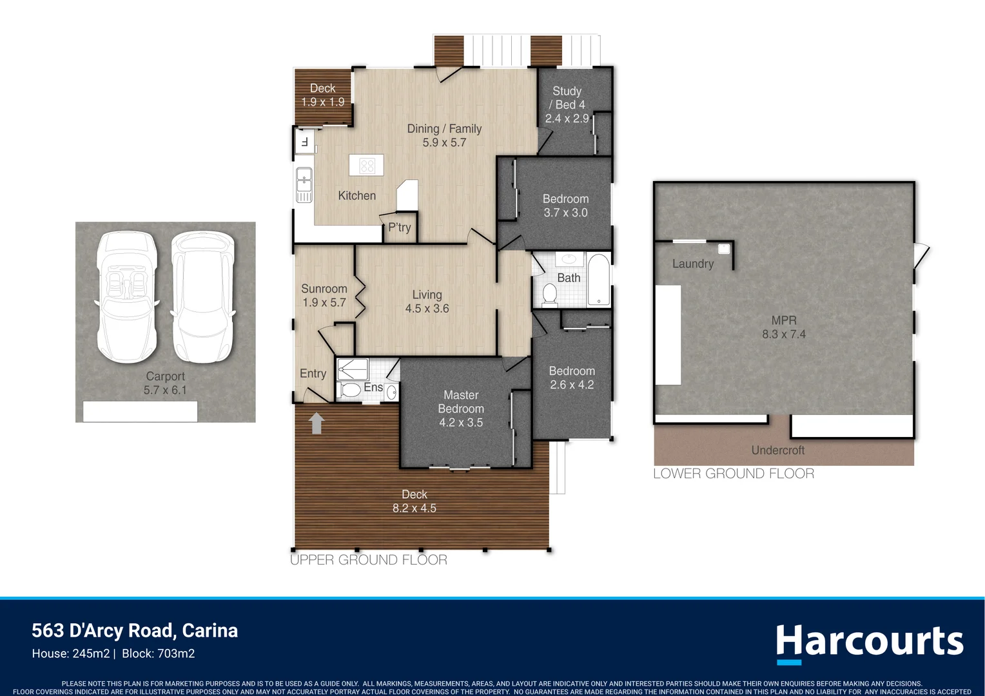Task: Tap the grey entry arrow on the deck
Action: [x=316, y=423]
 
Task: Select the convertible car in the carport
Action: [x=126, y=296]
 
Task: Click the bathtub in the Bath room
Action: [x=598, y=279]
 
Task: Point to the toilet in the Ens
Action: [x=349, y=390]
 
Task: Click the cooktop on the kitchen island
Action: [x=367, y=166]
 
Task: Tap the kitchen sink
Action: [x=304, y=180]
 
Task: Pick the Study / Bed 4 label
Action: [x=567, y=98]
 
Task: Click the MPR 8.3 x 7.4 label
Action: [x=784, y=327]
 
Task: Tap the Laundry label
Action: [x=693, y=264]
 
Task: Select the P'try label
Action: [x=400, y=227]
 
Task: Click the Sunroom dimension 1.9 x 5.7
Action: [x=324, y=303]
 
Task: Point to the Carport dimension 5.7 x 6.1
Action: [x=165, y=391]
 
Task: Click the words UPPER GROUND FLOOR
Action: [x=369, y=560]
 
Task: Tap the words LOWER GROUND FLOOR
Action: [x=734, y=474]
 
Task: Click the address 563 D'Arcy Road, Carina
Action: [x=135, y=630]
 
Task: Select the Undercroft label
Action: [x=778, y=450]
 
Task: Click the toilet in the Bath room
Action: [x=550, y=295]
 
